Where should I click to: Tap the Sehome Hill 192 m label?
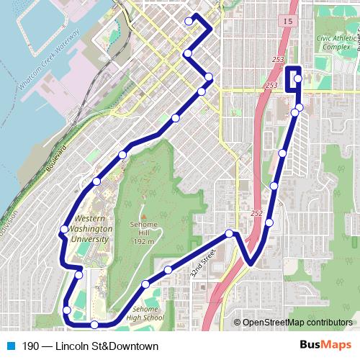(x=143, y=233)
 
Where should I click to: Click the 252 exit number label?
(x=257, y=213)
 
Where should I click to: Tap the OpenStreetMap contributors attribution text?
(x=297, y=323)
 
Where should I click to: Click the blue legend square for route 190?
(x=10, y=346)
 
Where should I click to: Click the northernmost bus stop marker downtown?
(x=189, y=22)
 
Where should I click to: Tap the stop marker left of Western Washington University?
(x=64, y=229)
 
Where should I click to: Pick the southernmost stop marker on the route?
(x=94, y=325)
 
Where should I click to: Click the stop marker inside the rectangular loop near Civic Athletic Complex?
(x=297, y=78)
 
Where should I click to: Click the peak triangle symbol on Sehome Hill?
(x=143, y=215)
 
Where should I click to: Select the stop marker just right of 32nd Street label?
(x=230, y=233)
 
